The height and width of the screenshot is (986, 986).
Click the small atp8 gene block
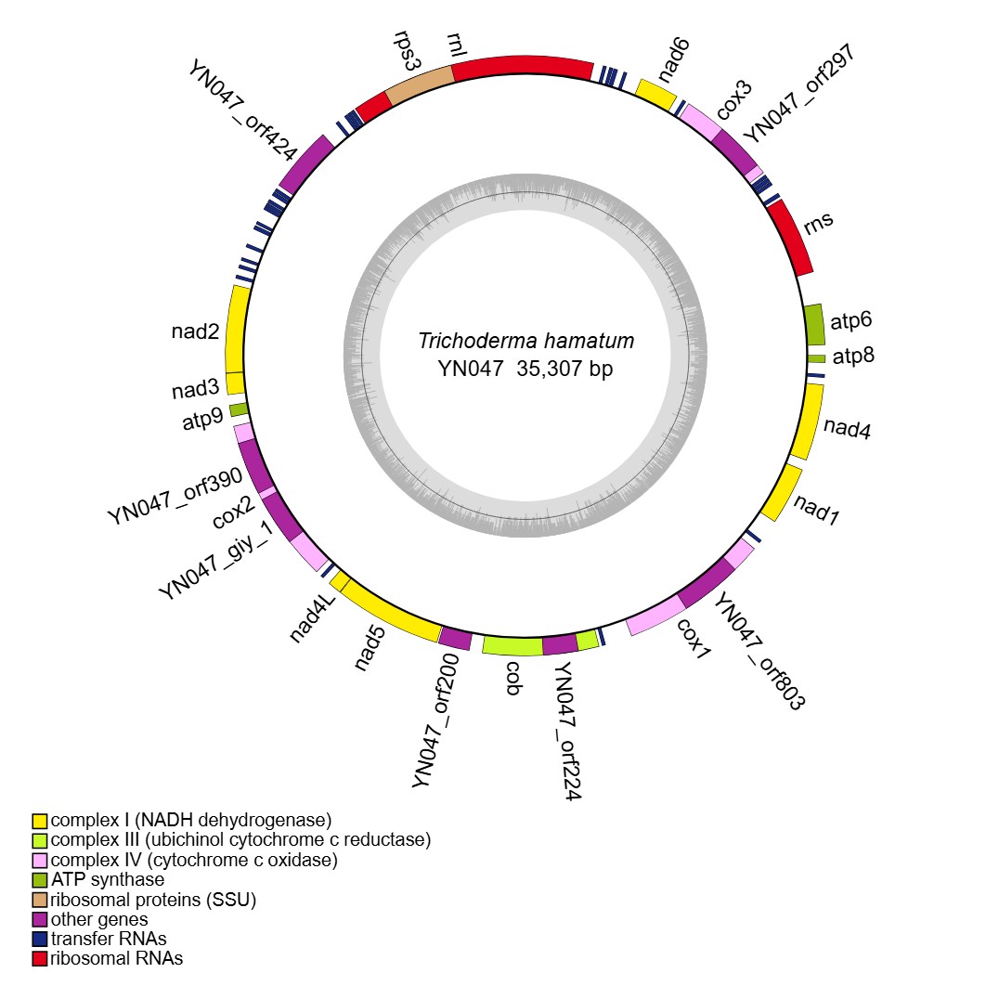(816, 357)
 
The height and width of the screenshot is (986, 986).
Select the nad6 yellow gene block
(655, 94)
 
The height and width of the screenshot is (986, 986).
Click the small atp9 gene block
(239, 409)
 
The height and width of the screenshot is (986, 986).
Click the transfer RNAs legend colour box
(39, 939)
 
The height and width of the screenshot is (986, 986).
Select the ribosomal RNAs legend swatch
(39, 958)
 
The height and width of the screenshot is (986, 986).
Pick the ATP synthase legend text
(108, 879)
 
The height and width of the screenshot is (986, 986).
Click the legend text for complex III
(240, 840)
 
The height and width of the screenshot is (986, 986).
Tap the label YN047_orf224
(568, 728)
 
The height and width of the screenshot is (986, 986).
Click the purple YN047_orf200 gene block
(455, 639)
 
